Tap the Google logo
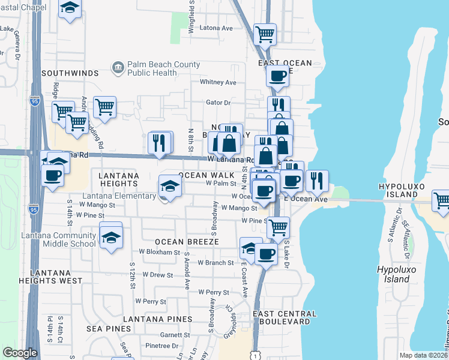(x=20, y=353)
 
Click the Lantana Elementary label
(x=119, y=196)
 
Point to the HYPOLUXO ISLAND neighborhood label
(x=406, y=191)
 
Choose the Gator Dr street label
(x=218, y=103)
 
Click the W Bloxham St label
(x=160, y=252)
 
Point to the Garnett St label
(x=175, y=335)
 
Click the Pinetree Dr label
(x=158, y=346)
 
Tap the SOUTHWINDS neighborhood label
(x=70, y=73)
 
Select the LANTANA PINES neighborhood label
(x=158, y=319)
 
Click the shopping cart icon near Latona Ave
(x=265, y=34)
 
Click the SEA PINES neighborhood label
(x=109, y=328)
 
